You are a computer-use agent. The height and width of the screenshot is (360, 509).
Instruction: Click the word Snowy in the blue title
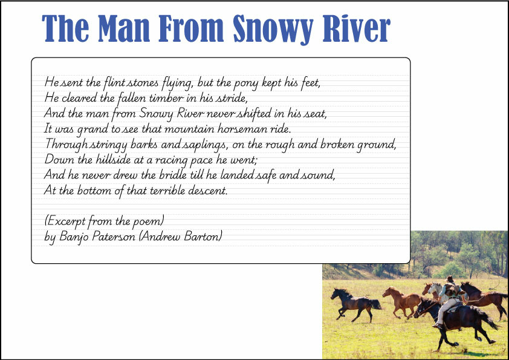pos(273,29)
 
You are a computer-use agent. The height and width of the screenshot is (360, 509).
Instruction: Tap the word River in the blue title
pos(357,28)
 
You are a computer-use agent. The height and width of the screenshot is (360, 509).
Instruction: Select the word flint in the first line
pos(114,82)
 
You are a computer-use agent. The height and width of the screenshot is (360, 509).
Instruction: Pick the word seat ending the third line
pos(315,113)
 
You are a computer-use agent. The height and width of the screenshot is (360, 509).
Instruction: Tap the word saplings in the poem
pos(205,145)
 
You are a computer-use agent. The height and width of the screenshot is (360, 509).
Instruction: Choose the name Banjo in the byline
pos(74,237)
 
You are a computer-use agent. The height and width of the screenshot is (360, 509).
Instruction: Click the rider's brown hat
pos(450,279)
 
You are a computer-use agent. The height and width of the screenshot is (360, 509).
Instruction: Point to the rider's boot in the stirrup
pos(438,326)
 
